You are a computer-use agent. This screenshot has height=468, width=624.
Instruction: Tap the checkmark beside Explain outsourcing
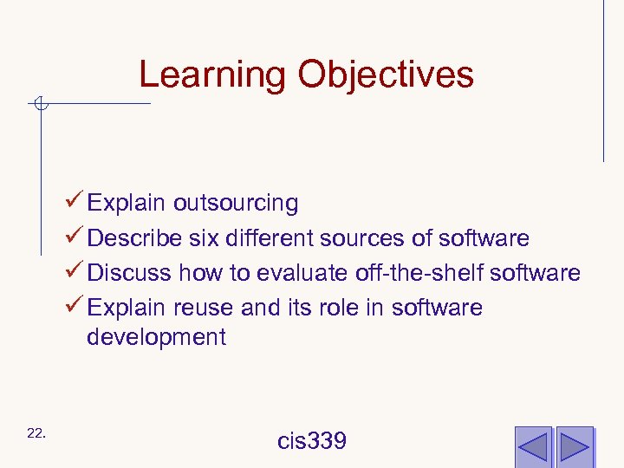coord(75,203)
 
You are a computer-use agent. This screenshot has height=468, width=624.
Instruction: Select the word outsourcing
coord(236,204)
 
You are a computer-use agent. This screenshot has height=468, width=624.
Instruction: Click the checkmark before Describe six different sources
coord(75,237)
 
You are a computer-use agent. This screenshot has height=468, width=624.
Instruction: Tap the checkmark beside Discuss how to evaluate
coord(75,272)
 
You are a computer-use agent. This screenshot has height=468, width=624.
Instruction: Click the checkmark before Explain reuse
coord(75,307)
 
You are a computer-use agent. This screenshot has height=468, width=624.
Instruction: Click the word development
coord(156,337)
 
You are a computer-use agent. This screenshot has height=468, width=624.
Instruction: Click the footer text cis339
coord(312,441)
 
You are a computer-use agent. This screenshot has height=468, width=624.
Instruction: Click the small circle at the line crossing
coord(40,105)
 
